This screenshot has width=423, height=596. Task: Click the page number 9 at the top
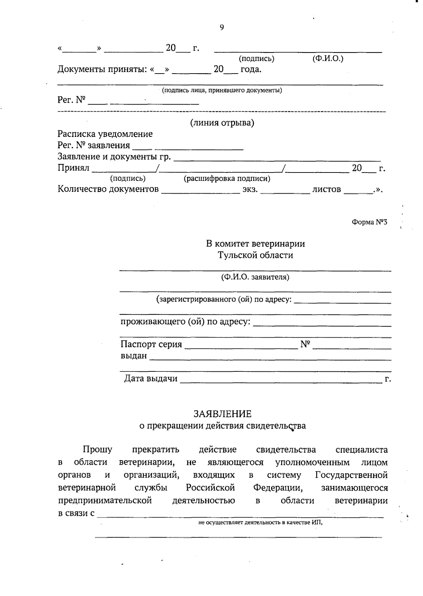(221, 27)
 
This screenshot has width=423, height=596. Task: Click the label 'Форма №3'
(369, 222)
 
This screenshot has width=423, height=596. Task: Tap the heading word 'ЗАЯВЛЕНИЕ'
(222, 414)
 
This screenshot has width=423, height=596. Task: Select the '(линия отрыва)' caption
(222, 123)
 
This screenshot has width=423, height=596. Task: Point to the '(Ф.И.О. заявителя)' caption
(255, 277)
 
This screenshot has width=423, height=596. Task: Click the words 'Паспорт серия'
(151, 344)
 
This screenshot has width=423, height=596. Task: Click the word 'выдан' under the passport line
(134, 356)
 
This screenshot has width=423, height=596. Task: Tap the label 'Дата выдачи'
(151, 379)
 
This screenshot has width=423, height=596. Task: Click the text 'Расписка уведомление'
(105, 134)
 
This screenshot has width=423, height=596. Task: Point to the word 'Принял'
(73, 168)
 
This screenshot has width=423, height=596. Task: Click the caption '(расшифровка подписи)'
(227, 178)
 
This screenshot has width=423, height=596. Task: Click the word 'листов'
(326, 189)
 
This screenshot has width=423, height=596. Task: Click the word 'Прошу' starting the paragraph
(97, 450)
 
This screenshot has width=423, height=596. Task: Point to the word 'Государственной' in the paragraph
(351, 475)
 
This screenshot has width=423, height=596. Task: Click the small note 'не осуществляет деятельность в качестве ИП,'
(260, 522)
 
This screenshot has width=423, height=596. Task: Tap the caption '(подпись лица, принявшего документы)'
(222, 90)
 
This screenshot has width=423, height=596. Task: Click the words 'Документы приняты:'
(102, 69)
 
